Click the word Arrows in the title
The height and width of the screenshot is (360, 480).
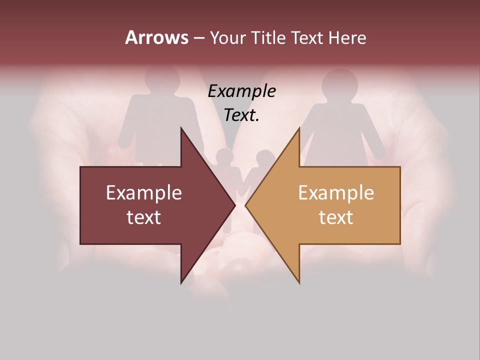click(156, 37)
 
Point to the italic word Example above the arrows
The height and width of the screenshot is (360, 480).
click(241, 91)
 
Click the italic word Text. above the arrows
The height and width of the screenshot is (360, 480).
click(241, 115)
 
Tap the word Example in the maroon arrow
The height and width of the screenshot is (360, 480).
click(144, 193)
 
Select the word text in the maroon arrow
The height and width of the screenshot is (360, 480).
click(144, 217)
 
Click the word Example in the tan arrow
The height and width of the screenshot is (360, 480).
click(336, 193)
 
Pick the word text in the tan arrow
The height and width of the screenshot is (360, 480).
click(336, 217)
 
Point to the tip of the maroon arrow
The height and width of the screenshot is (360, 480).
click(235, 205)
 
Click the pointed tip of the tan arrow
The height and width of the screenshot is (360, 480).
click(245, 205)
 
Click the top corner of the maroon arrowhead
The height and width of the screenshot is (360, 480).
click(181, 128)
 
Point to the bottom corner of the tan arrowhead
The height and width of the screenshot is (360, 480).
click(299, 283)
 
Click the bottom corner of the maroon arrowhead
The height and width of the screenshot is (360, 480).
click(181, 283)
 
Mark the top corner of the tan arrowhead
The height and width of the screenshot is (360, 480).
click(299, 128)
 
